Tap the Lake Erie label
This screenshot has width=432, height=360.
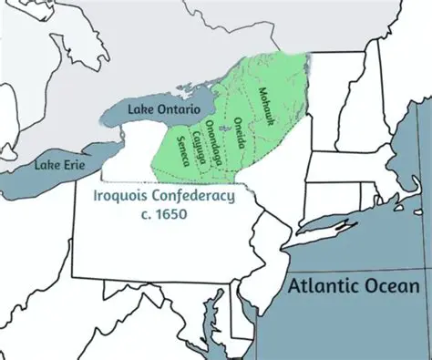57,165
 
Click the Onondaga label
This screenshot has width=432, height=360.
213,142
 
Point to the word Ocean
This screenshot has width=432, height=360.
392,286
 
